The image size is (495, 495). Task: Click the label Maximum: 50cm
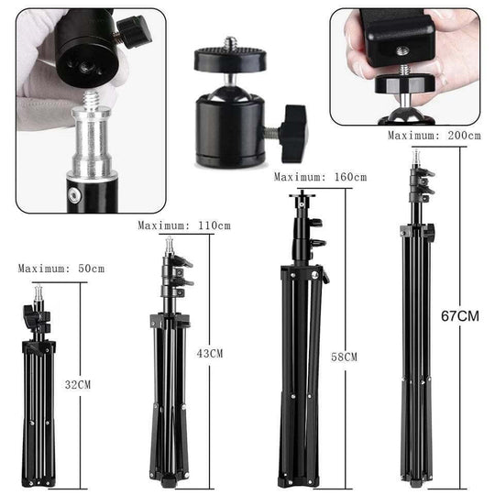pos(61,269)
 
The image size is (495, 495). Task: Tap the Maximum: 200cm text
pos(434,136)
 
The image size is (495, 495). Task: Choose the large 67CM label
pos(458,316)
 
